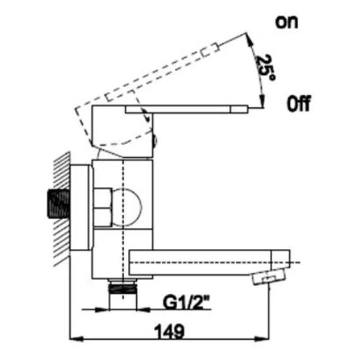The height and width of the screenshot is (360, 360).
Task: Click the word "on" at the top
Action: click(x=287, y=22)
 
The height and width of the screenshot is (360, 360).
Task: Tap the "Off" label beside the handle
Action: click(x=299, y=104)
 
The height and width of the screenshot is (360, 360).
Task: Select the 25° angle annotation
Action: click(x=266, y=68)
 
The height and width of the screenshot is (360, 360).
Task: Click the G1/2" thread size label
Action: click(x=186, y=302)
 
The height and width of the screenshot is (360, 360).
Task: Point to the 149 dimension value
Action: click(x=169, y=331)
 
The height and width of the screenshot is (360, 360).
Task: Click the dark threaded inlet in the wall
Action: click(x=59, y=204)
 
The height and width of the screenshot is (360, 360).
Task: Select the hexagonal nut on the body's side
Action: click(x=103, y=207)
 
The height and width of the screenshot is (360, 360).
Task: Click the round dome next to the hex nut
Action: click(x=127, y=207)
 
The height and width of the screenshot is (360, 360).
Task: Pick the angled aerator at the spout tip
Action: click(x=269, y=276)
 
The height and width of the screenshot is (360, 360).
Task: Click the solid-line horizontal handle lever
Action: click(x=186, y=109)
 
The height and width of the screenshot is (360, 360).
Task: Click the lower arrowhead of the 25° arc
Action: click(x=262, y=99)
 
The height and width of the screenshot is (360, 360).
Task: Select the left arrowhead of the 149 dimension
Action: click(x=76, y=339)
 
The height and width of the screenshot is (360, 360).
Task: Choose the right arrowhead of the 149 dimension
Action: click(x=262, y=339)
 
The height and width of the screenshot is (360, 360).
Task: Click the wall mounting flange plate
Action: click(x=81, y=207)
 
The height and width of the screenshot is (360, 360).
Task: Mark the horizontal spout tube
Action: click(x=210, y=262)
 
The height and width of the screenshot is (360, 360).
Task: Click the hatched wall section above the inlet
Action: click(x=62, y=171)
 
